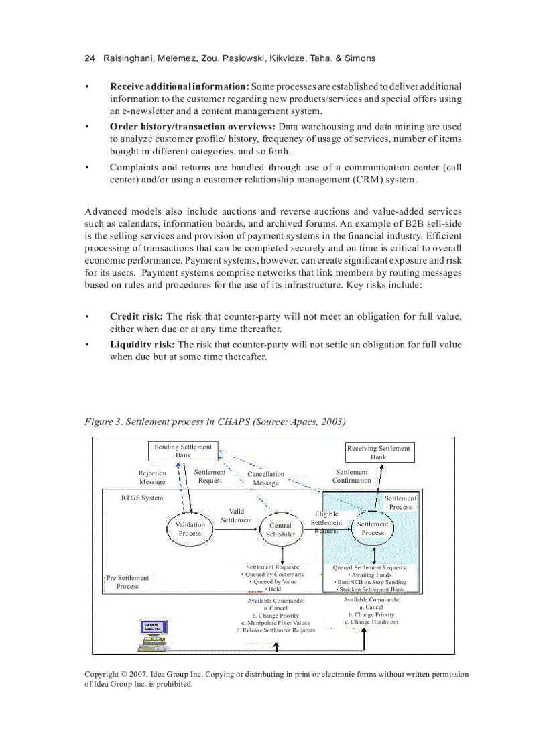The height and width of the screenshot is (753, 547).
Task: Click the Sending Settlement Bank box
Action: pos(183,451)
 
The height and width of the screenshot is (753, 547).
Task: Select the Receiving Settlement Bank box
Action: pos(379,453)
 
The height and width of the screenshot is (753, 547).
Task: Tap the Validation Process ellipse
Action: pos(190,529)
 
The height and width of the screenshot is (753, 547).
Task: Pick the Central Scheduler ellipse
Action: pos(280,530)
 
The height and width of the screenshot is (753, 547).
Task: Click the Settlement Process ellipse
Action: pos(373,528)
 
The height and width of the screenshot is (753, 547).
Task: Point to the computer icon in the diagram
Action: pos(153,634)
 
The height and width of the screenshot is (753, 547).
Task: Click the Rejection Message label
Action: pos(152,477)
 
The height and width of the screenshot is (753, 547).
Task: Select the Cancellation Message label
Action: pos(266,478)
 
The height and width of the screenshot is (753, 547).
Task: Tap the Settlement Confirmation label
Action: pos(352,476)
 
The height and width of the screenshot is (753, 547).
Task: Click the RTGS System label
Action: pos(142,498)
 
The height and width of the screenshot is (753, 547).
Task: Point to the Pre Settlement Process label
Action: pos(127,582)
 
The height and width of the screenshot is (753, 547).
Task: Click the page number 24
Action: pos(90,58)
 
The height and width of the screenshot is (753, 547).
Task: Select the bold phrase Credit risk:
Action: pos(136,316)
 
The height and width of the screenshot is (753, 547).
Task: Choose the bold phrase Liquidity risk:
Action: pos(142,345)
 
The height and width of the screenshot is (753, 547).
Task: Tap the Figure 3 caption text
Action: pos(215,422)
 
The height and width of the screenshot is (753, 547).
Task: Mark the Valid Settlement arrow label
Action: pos(237,516)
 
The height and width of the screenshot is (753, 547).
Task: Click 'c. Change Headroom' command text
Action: pos(371,622)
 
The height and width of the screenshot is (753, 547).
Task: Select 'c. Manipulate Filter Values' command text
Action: pos(275,623)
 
